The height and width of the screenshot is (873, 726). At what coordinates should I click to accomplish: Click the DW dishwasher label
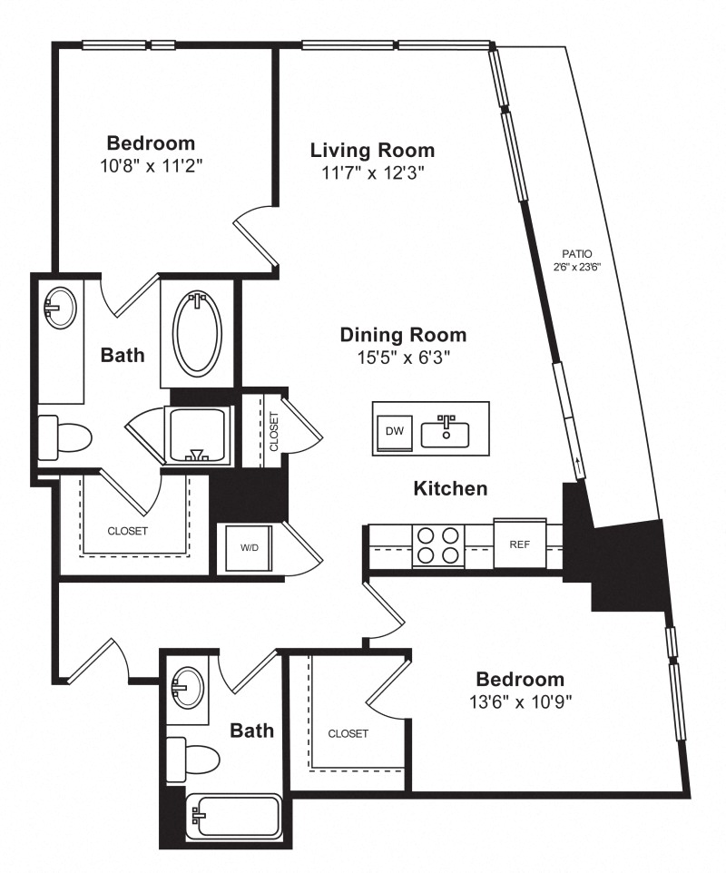click(394, 430)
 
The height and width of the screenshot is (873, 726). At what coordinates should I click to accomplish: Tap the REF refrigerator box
click(519, 544)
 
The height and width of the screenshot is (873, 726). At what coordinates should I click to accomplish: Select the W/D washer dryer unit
click(249, 548)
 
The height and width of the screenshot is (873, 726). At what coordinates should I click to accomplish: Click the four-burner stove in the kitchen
click(438, 545)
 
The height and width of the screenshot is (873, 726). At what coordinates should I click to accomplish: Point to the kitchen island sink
click(445, 431)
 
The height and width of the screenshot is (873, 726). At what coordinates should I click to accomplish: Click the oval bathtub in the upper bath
click(197, 332)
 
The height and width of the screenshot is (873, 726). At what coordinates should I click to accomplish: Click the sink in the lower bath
click(188, 688)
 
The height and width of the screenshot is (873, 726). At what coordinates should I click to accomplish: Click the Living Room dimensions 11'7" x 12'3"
click(373, 173)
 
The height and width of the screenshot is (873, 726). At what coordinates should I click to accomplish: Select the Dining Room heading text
click(403, 335)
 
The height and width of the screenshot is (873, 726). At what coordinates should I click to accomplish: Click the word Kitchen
click(450, 488)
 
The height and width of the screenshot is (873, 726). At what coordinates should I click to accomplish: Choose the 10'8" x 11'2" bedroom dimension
click(151, 165)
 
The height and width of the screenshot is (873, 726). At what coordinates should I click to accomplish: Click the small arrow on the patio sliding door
click(579, 466)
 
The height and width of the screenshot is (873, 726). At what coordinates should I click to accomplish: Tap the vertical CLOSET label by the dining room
click(273, 431)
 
